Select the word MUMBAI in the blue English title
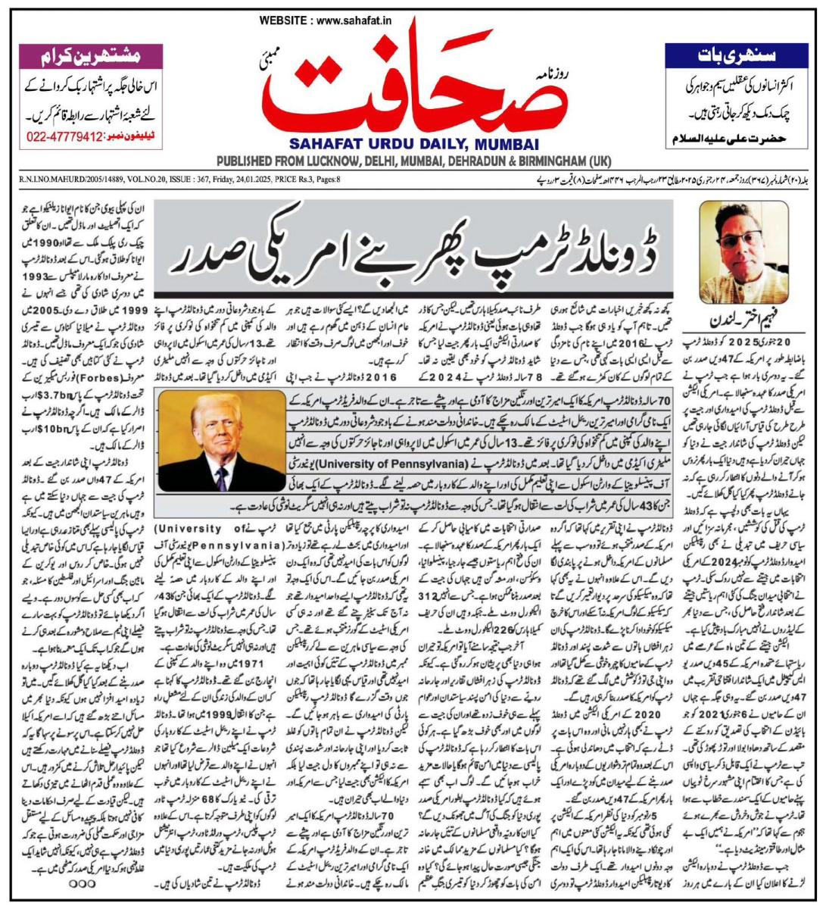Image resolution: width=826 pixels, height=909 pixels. pyautogui.click(x=507, y=145)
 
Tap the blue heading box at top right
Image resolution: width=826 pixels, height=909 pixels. pyautogui.click(x=734, y=55)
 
